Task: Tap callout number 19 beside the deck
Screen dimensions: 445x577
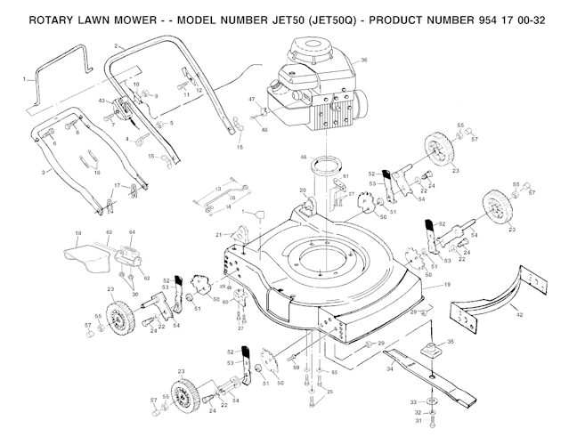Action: click(447, 284)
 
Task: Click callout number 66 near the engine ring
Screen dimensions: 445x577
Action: click(303, 157)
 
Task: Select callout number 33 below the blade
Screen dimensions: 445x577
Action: click(411, 402)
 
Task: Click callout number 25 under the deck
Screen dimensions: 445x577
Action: click(330, 392)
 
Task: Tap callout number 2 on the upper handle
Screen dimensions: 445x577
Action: click(117, 45)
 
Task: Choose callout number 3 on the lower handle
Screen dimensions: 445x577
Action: click(44, 170)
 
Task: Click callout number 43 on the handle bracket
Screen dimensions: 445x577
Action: click(102, 101)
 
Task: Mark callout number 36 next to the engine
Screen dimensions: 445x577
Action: click(364, 61)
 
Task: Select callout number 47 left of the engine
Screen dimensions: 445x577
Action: click(252, 99)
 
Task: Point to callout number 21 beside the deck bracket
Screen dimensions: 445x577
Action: click(216, 234)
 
